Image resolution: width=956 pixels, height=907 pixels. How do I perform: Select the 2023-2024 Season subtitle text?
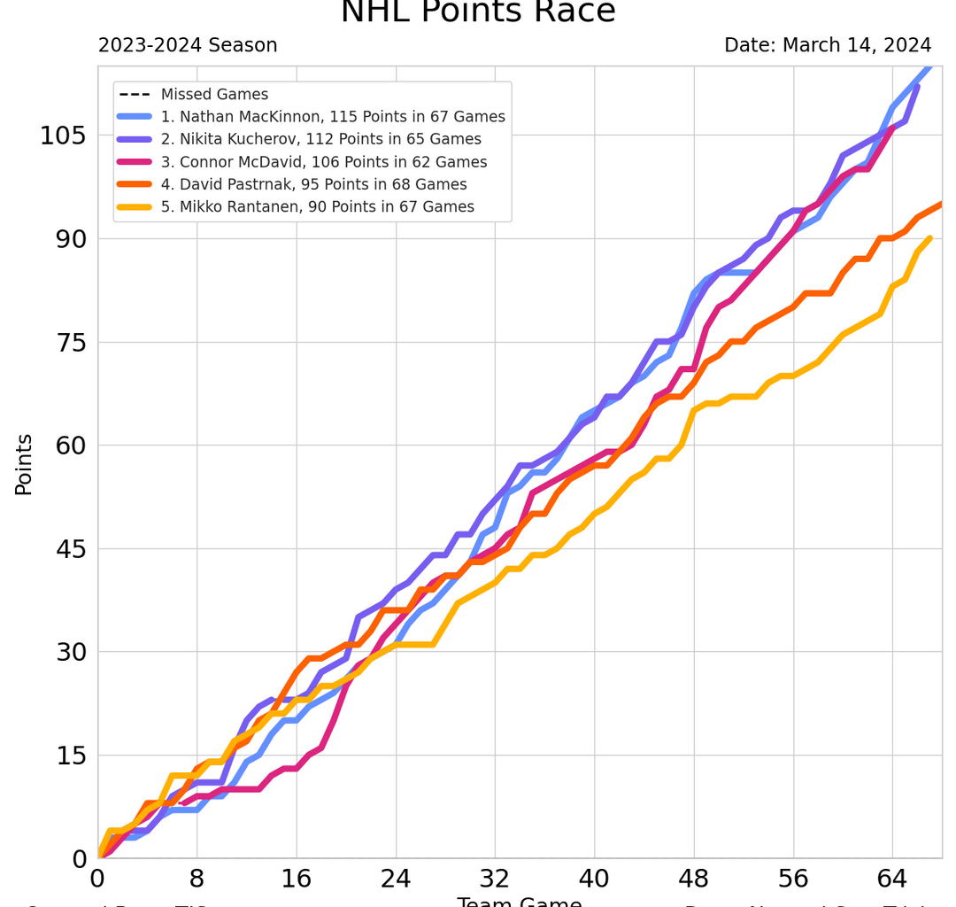[x=188, y=45]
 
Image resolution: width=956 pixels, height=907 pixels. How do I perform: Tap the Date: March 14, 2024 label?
[x=828, y=45]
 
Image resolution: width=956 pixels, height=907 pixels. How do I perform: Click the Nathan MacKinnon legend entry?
[x=333, y=117]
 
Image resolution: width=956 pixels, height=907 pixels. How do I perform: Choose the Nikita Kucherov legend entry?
[x=321, y=139]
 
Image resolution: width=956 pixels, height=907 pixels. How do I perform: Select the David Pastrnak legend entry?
[x=314, y=184]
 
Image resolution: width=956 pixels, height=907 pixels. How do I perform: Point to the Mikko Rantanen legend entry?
[x=318, y=207]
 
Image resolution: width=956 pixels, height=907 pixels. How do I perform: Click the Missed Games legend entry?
[x=214, y=94]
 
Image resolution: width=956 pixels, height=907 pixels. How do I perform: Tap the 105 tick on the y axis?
[x=62, y=136]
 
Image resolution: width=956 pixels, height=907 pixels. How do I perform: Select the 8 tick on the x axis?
[x=197, y=880]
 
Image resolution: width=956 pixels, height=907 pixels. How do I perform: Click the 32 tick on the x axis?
[x=496, y=880]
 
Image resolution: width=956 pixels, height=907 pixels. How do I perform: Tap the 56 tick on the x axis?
[x=794, y=880]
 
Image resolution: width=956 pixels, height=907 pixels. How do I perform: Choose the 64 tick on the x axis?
[x=893, y=880]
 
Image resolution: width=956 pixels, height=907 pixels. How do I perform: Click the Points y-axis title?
[x=24, y=463]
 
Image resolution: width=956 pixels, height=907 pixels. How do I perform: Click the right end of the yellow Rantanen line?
[x=929, y=237]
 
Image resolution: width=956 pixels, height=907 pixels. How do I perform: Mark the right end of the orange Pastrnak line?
[x=941, y=204]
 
